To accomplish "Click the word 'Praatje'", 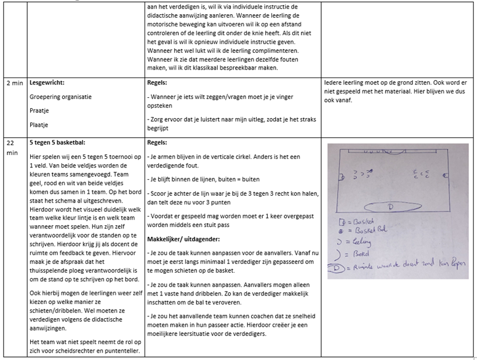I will pyautogui.click(x=39, y=111).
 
